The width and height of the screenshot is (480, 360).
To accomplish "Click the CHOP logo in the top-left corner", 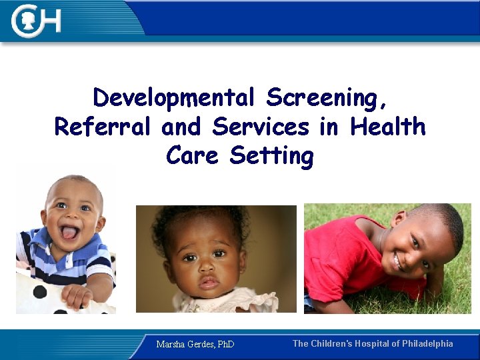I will click(x=37, y=21).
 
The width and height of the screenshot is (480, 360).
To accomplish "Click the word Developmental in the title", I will click(x=174, y=98).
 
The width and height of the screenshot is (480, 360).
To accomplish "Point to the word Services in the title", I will click(x=261, y=127).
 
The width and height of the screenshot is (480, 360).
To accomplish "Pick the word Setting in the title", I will click(x=271, y=156).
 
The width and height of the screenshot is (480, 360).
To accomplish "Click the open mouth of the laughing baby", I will click(x=69, y=233).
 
